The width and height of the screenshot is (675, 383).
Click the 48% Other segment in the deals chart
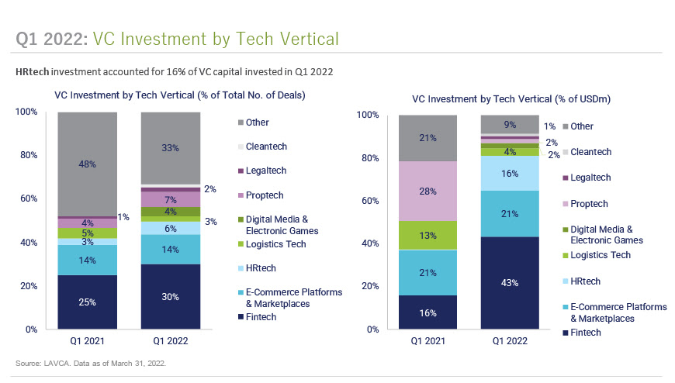pos(86,164)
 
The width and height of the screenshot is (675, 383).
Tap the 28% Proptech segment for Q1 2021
pos(427,191)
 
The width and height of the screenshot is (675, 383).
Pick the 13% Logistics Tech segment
pos(427,236)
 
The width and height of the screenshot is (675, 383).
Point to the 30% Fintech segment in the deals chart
pos(170,296)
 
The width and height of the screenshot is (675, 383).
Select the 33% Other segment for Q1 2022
pos(170,148)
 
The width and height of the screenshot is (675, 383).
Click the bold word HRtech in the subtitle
pos(33,71)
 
